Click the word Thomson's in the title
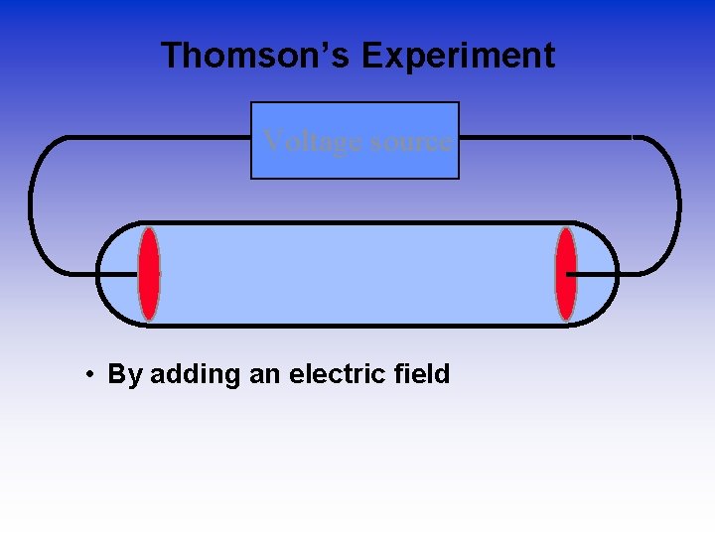(x=255, y=56)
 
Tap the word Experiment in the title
(x=458, y=56)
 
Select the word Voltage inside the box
(x=312, y=141)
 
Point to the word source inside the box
(x=410, y=141)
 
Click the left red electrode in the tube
(x=148, y=274)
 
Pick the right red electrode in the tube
(x=566, y=274)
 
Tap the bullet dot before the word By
(x=89, y=375)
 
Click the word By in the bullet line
(x=124, y=375)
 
